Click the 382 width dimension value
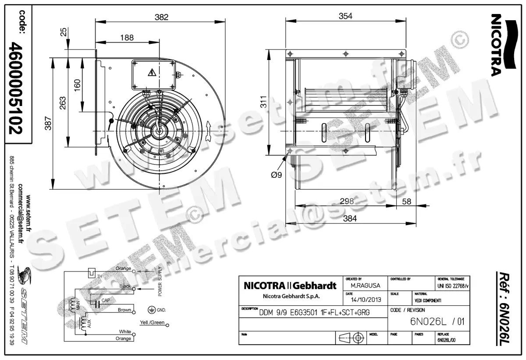[x=162, y=17]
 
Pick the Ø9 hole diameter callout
[x=277, y=175]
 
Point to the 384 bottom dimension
[x=349, y=218]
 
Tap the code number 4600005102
[x=18, y=88]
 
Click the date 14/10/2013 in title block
[x=363, y=300]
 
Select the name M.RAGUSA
[x=362, y=285]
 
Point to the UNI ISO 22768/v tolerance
[x=452, y=286]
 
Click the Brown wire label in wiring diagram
[x=124, y=310]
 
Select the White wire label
[x=125, y=332]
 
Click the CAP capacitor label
[x=105, y=300]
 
